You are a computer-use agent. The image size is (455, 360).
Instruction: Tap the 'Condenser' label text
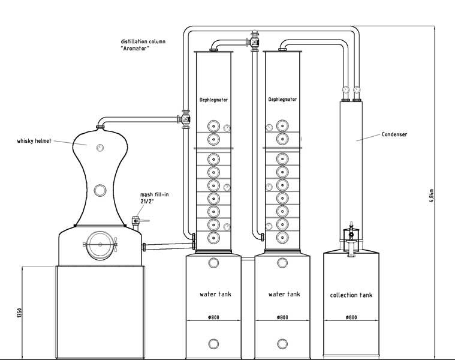pyautogui.click(x=394, y=134)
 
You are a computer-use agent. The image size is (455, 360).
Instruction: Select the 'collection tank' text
pyautogui.click(x=351, y=295)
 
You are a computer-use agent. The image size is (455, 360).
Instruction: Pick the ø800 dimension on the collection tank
pyautogui.click(x=351, y=317)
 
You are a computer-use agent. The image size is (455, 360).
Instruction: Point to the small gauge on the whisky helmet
pyautogui.click(x=101, y=146)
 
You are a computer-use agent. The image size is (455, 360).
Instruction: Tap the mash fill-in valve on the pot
pyautogui.click(x=137, y=220)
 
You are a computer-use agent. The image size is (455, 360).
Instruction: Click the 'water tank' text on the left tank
pyautogui.click(x=215, y=294)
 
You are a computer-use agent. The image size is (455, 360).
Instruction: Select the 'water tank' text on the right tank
pyautogui.click(x=284, y=294)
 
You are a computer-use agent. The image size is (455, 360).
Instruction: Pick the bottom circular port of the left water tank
pyautogui.click(x=214, y=344)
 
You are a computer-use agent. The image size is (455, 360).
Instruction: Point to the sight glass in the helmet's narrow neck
pyautogui.click(x=101, y=191)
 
